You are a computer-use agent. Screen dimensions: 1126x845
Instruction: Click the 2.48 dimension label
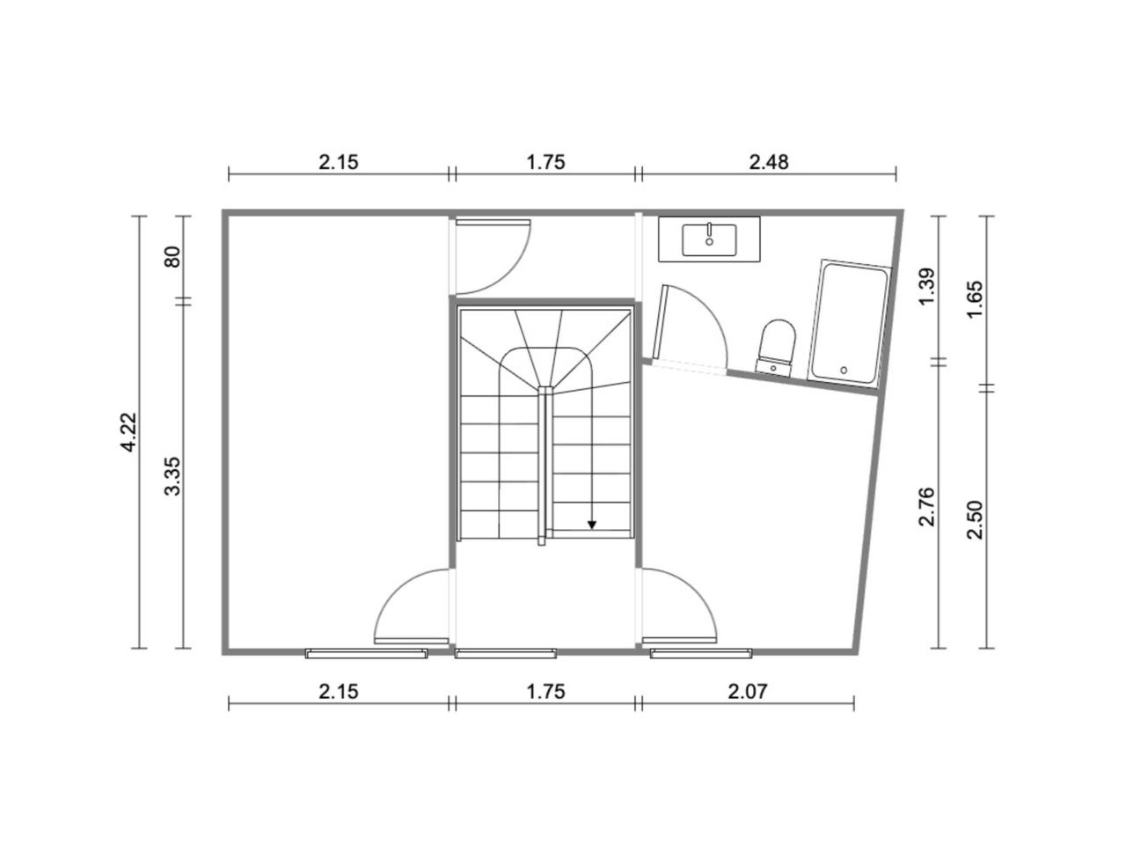[768, 162]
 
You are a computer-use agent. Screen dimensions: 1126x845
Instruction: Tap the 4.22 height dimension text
[128, 432]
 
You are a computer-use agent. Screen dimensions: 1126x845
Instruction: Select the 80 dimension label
[173, 257]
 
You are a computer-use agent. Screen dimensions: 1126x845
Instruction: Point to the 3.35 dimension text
[173, 475]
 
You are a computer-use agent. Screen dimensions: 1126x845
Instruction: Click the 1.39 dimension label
[927, 286]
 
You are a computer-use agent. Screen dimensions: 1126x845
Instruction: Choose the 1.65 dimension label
[974, 298]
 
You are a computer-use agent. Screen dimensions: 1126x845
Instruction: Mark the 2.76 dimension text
[927, 507]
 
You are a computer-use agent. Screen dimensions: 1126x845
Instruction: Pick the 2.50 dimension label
[974, 519]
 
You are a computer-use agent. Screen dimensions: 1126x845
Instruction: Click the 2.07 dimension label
[748, 692]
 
